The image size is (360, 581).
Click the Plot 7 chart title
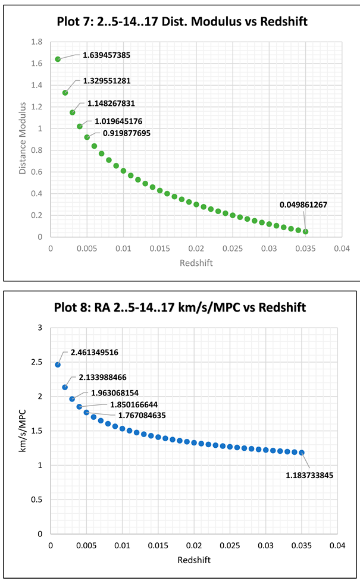point(181,23)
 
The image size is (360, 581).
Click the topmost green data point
point(58,59)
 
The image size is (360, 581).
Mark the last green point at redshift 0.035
point(305,231)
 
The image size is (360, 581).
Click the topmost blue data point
point(58,365)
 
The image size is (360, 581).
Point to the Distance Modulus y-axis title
point(23,138)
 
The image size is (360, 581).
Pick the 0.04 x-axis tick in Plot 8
point(337,545)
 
